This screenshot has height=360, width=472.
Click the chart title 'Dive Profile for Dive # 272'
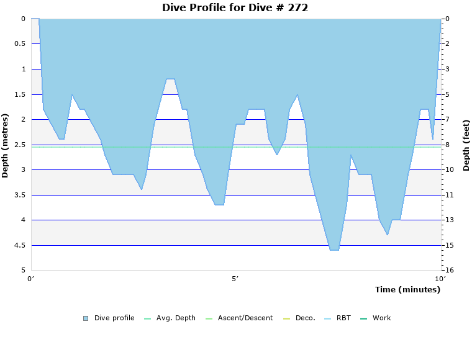[235, 8]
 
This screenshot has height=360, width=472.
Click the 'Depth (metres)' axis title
[6, 145]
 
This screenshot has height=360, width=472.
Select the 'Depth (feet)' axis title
[466, 145]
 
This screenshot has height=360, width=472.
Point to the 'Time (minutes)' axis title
[407, 290]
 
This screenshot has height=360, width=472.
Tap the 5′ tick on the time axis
[235, 279]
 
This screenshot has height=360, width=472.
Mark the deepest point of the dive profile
[334, 250]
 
